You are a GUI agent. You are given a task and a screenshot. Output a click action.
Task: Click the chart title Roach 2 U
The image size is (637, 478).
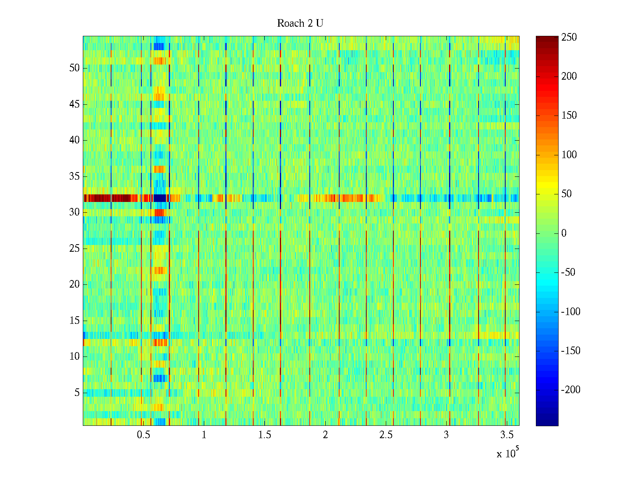click(x=300, y=24)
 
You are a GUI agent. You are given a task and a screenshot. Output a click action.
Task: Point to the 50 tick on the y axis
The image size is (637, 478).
click(x=74, y=68)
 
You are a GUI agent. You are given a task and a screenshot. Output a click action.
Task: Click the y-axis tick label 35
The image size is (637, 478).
click(x=74, y=176)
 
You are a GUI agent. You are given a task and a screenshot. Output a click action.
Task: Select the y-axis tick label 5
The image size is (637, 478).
click(x=77, y=393)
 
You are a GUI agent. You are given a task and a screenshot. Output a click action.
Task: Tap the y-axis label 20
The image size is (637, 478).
click(x=74, y=284)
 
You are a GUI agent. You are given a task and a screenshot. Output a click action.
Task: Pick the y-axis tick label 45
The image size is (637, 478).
click(x=74, y=104)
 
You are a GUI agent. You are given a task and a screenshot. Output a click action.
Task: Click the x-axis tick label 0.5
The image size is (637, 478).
click(x=143, y=435)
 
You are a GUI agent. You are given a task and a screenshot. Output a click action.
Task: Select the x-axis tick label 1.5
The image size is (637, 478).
click(x=265, y=435)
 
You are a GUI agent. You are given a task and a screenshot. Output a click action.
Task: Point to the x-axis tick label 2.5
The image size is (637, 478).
click(x=386, y=435)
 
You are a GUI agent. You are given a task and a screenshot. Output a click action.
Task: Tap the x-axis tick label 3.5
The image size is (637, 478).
click(x=507, y=435)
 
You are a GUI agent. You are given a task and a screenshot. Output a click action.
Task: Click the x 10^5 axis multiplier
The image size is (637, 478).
click(x=507, y=453)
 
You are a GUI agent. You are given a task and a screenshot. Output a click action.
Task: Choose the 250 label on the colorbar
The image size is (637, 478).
click(x=569, y=37)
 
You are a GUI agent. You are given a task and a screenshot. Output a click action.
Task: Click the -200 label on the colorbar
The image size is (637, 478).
click(x=571, y=390)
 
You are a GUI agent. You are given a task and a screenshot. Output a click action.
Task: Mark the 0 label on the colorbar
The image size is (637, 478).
click(x=564, y=233)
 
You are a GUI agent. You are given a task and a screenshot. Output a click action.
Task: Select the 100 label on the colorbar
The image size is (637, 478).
click(x=569, y=155)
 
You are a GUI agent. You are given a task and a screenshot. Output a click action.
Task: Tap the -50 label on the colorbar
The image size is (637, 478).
click(x=568, y=272)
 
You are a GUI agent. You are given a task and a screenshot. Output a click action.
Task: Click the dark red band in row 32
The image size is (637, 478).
click(x=107, y=198)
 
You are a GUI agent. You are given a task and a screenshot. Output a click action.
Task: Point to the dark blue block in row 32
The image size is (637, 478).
click(x=160, y=198)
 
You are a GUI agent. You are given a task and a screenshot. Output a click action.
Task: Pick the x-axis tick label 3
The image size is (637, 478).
click(x=446, y=435)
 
